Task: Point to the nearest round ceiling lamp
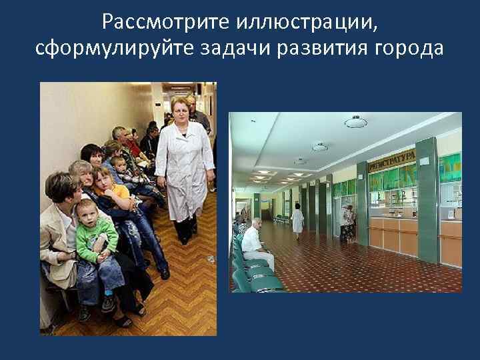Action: coord(356,121)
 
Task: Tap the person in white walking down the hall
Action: coord(297,220)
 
